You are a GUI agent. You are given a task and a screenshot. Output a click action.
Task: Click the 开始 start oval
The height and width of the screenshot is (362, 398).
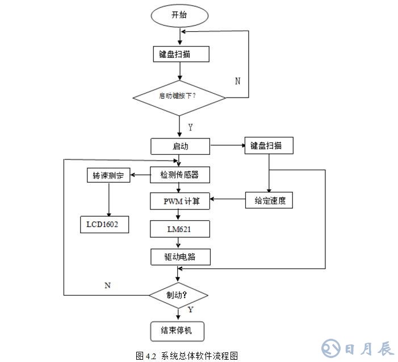[x=179, y=15]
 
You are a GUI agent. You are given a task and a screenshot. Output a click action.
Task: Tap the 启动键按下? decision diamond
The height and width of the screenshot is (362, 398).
[x=180, y=95]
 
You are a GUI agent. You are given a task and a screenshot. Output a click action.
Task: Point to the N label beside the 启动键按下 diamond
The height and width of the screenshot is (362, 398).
[x=237, y=81]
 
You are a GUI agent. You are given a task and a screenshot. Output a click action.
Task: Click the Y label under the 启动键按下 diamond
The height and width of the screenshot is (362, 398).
[x=190, y=127]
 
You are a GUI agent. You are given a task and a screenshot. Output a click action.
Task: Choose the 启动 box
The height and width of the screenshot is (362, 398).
[x=180, y=146]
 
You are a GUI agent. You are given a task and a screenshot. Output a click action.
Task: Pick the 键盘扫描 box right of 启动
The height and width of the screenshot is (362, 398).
[x=269, y=145]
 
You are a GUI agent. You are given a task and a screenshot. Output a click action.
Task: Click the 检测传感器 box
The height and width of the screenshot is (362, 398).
[x=180, y=175]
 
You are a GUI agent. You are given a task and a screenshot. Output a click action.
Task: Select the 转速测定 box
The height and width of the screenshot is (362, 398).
[x=108, y=176]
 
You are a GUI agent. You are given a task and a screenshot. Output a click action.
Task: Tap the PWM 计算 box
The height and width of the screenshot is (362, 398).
[x=180, y=200]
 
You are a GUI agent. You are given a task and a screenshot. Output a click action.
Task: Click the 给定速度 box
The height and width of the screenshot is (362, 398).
[x=269, y=200]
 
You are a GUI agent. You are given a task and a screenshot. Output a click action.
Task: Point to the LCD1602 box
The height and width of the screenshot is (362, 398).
[x=103, y=225]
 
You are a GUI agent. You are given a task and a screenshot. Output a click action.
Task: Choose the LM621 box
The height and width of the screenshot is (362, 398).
[x=180, y=229]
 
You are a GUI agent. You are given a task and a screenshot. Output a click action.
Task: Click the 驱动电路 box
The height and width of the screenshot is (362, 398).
[x=180, y=256]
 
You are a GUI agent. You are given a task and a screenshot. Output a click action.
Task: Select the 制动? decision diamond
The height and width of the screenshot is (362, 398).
[x=178, y=295]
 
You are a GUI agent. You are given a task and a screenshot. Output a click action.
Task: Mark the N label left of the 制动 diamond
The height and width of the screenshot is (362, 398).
[x=107, y=285]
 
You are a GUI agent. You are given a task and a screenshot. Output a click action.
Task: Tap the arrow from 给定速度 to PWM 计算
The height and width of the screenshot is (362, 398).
[x=228, y=199]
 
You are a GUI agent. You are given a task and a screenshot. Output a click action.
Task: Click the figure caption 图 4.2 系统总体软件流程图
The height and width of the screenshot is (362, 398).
[x=187, y=356]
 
